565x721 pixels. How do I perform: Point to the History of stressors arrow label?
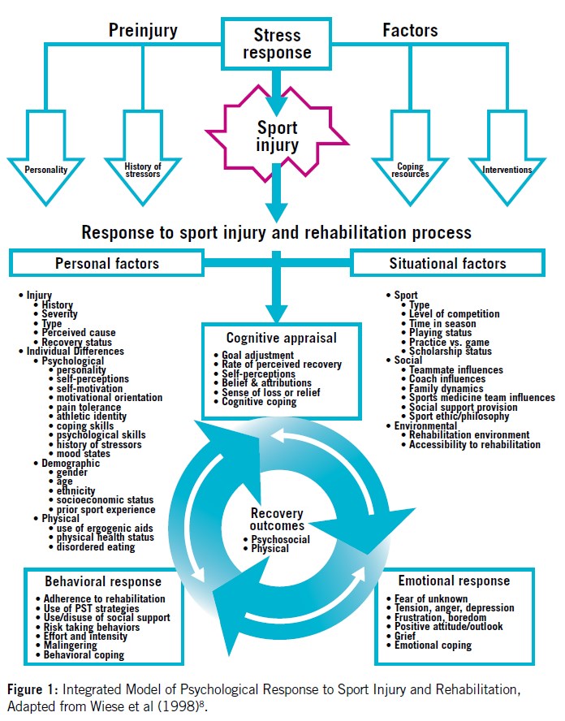pyautogui.click(x=143, y=171)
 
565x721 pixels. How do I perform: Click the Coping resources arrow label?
pyautogui.click(x=410, y=171)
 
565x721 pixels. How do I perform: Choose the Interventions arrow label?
pyautogui.click(x=507, y=171)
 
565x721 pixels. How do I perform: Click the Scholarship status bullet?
pyautogui.click(x=451, y=352)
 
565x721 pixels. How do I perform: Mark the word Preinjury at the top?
pyautogui.click(x=144, y=31)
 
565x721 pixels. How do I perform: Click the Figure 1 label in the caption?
pyautogui.click(x=30, y=689)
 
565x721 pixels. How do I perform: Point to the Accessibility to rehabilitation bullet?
pyautogui.click(x=475, y=444)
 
